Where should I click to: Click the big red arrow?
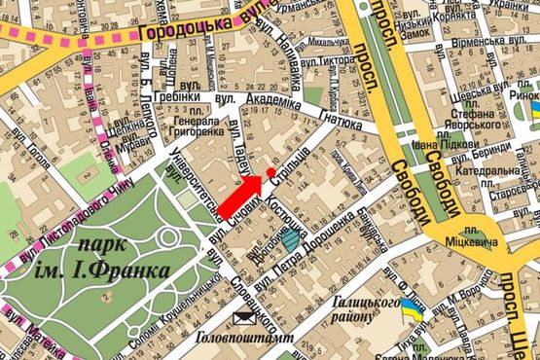tap(239, 194)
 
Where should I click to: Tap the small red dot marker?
tap(270, 171)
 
